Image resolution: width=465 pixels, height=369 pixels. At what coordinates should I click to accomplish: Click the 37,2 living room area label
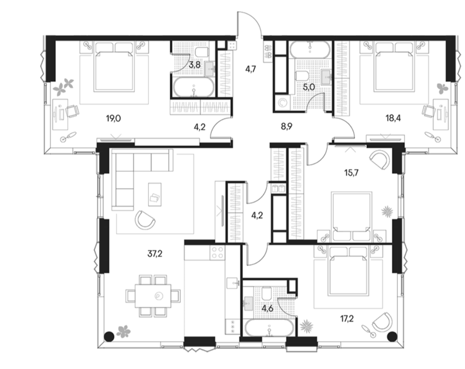pos(155,254)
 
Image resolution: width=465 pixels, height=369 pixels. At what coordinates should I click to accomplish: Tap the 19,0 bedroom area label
pos(113,119)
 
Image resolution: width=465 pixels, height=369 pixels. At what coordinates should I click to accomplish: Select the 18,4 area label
pos(393,119)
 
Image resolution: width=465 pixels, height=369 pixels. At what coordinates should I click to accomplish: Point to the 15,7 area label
pos(352,172)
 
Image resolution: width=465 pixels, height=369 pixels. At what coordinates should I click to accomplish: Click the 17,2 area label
pos(347,319)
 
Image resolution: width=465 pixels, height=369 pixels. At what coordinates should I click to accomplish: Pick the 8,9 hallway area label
pos(287,127)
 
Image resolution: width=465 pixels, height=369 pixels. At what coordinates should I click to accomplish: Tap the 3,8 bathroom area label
pos(195,64)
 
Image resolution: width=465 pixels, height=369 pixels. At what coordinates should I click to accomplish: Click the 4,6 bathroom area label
pos(267,308)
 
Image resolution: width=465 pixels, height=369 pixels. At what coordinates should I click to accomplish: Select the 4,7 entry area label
pos(250,70)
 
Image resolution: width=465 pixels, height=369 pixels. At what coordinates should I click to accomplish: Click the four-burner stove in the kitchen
pos(217,253)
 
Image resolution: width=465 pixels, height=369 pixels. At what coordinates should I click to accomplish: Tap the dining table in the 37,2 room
pos(153,296)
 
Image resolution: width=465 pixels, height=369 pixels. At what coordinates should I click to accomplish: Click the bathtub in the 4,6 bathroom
pos(269,328)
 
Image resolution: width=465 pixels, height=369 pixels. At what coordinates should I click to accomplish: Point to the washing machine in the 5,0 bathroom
pos(282,103)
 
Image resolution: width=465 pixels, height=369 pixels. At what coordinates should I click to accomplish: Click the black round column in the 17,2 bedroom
pos(392,336)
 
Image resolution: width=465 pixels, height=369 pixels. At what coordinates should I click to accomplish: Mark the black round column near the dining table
pos(109,336)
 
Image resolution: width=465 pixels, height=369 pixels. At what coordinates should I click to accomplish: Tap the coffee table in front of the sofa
pos(155,195)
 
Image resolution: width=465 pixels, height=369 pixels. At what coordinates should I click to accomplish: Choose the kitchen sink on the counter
pos(233,283)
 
